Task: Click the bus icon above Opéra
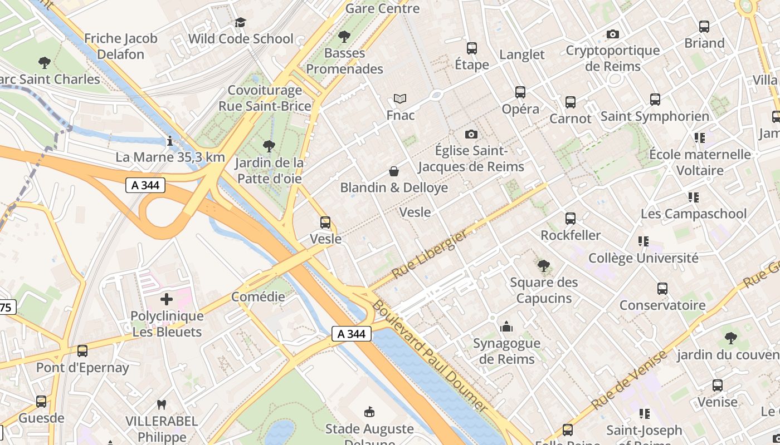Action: click(x=520, y=92)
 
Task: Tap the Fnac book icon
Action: click(x=400, y=99)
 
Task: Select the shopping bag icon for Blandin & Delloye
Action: click(x=394, y=171)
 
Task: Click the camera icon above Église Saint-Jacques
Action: click(x=471, y=134)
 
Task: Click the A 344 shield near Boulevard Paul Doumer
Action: click(x=352, y=334)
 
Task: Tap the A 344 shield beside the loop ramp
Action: click(x=145, y=185)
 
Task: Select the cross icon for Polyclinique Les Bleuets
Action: click(x=167, y=299)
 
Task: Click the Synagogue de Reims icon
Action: click(x=506, y=327)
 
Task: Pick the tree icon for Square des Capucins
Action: click(x=544, y=265)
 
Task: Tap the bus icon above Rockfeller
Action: click(x=571, y=219)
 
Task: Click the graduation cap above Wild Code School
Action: click(x=240, y=22)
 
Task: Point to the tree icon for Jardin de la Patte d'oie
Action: click(x=269, y=146)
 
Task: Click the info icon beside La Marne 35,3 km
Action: click(x=170, y=141)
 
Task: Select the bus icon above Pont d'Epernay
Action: click(x=82, y=351)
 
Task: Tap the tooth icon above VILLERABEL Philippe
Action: click(x=162, y=404)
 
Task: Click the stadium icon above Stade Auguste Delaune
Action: click(x=369, y=412)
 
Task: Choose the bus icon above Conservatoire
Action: click(x=662, y=289)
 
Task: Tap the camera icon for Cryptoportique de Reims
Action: click(x=613, y=34)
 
